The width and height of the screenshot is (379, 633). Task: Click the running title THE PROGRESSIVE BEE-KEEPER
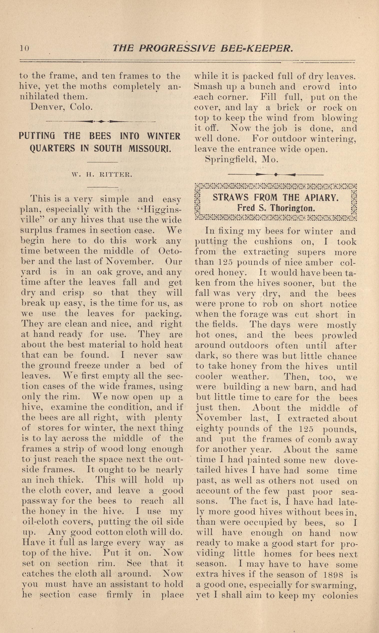click(203, 48)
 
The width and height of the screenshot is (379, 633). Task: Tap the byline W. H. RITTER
click(102, 175)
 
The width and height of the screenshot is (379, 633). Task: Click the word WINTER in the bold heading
click(163, 136)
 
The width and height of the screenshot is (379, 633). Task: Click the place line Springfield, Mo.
click(241, 160)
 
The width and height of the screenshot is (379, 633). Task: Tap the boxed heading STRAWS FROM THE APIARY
click(276, 197)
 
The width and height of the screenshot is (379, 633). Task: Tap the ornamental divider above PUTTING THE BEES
click(101, 121)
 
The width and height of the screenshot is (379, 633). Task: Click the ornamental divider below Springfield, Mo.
click(276, 175)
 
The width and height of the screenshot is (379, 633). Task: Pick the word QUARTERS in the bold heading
click(52, 149)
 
